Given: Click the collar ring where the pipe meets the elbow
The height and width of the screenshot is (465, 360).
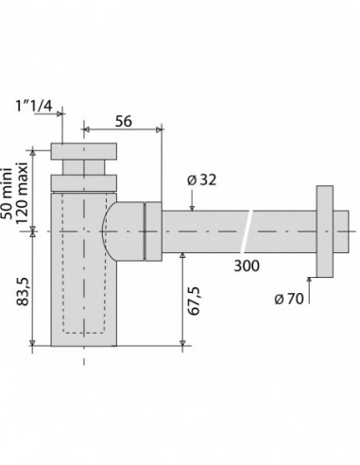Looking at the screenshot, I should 151,230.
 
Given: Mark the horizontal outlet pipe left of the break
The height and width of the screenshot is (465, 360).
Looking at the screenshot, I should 203,230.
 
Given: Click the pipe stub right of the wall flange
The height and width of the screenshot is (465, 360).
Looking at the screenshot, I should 346,230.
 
